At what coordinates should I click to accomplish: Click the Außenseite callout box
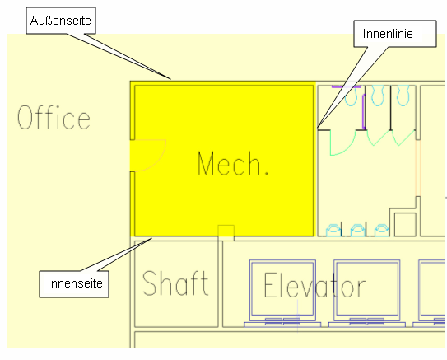61,21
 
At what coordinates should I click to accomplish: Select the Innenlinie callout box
395,34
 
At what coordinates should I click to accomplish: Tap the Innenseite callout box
74,284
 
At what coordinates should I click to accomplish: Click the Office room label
54,117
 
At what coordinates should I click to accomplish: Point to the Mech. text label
233,163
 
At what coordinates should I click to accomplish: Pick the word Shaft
175,283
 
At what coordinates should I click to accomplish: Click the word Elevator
314,285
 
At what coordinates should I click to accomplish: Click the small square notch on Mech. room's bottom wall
226,233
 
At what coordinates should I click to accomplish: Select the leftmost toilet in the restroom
352,96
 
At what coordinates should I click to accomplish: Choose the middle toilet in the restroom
378,96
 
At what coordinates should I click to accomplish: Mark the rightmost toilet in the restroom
403,96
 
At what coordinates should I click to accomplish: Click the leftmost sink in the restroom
333,231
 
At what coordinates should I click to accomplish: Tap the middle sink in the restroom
358,231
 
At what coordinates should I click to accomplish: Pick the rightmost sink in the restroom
382,231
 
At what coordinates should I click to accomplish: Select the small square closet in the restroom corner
405,225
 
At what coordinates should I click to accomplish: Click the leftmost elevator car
282,291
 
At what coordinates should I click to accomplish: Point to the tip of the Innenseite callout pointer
151,238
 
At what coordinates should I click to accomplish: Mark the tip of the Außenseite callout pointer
170,79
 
